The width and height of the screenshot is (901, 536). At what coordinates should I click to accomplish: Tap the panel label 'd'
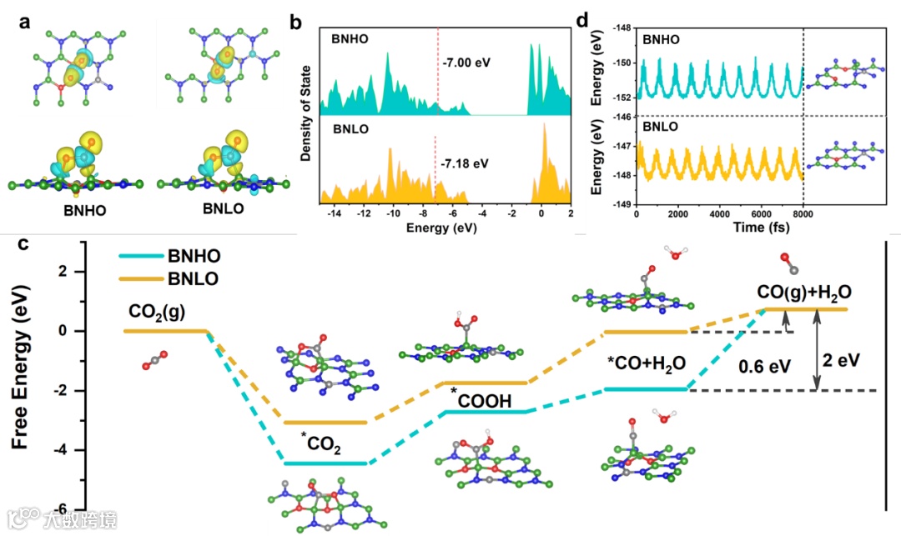[x=584, y=18]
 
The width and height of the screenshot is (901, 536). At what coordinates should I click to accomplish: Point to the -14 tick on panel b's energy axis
[x=334, y=213]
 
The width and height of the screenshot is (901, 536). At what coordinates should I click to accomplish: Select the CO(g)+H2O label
[x=805, y=293]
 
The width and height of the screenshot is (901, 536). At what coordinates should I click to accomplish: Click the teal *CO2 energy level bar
[x=325, y=463]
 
